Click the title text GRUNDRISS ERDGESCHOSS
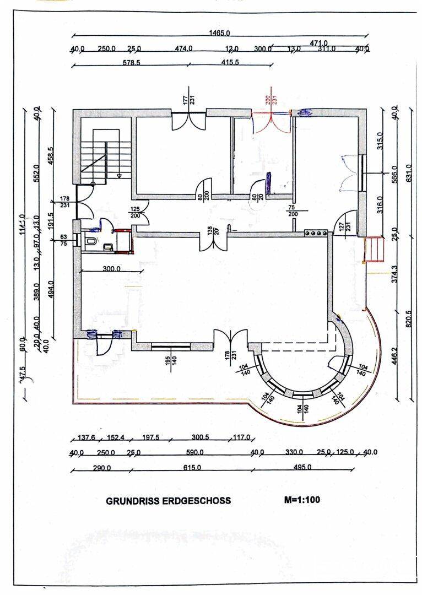pos(168,501)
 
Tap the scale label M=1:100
pos(302,500)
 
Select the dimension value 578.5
pos(131,63)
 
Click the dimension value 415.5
pos(245,63)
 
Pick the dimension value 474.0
pos(183,48)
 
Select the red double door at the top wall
pos(270,122)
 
